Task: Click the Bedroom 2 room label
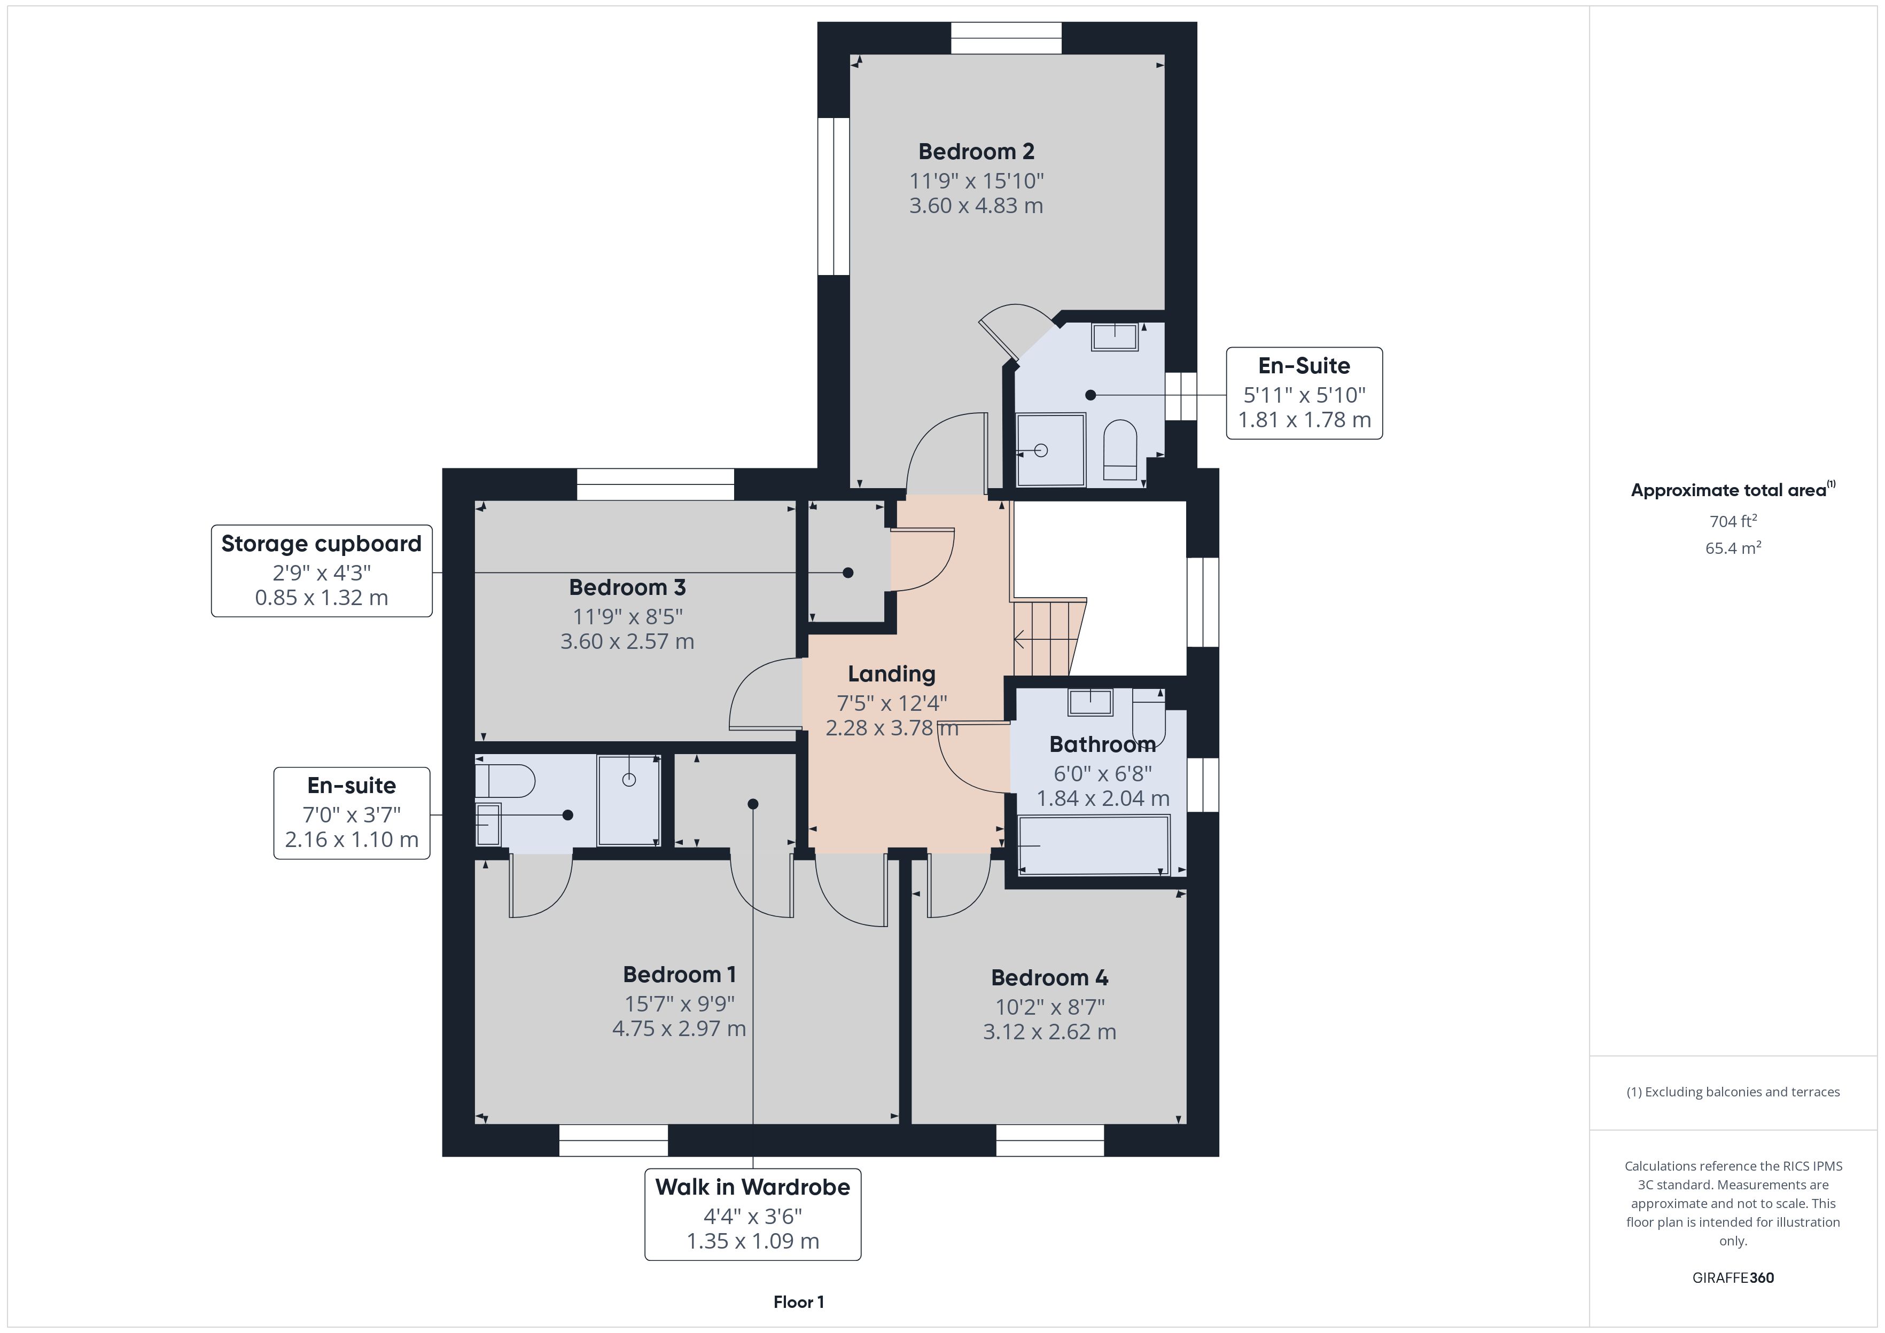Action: coord(976,152)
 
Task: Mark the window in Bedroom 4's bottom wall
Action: coord(1050,1140)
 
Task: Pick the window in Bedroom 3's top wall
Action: coord(655,484)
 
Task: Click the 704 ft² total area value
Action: coord(1733,521)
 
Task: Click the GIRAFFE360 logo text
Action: coord(1733,1278)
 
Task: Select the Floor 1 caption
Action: coord(799,1302)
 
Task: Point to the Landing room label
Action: coord(892,674)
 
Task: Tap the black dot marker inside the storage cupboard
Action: coord(848,573)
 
